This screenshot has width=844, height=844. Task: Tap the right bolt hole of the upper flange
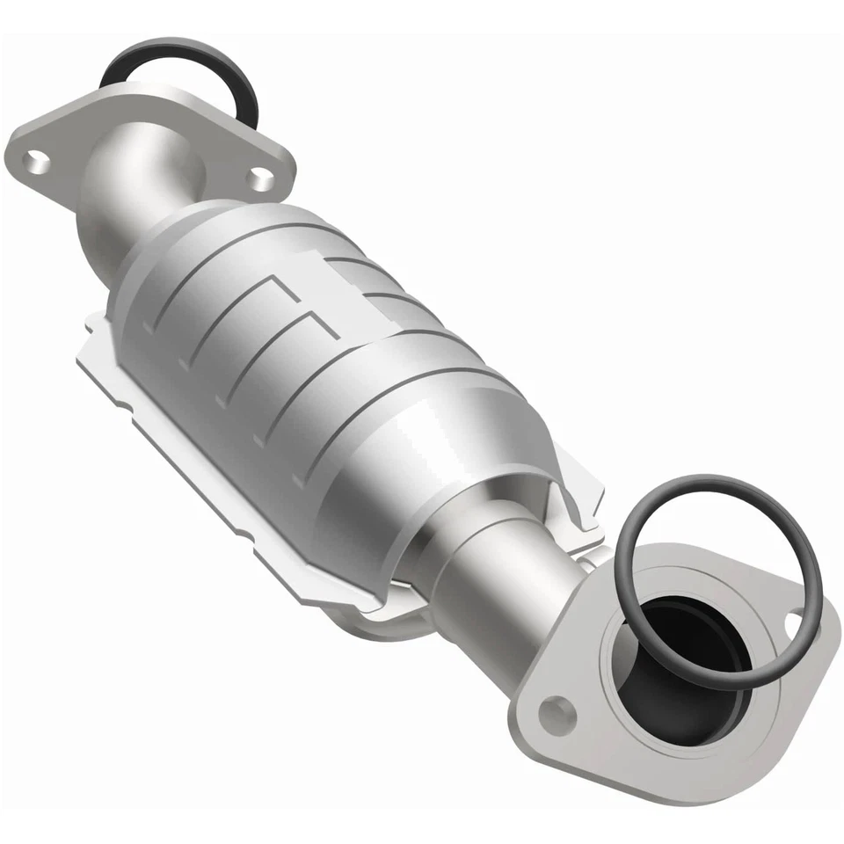(x=258, y=179)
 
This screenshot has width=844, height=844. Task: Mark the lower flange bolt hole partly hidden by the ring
(x=795, y=625)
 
